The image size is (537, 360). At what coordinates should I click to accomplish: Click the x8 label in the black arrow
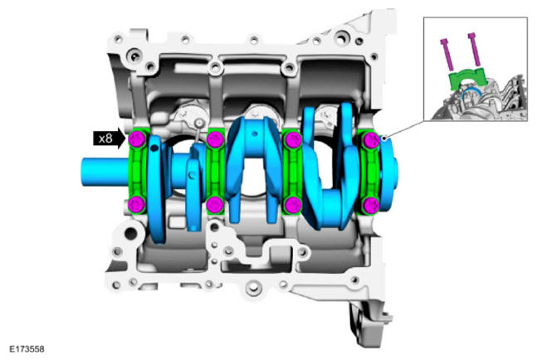pyautogui.click(x=105, y=139)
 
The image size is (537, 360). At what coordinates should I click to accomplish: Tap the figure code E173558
pyautogui.click(x=27, y=349)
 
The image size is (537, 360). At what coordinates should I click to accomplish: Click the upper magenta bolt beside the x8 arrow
pyautogui.click(x=137, y=139)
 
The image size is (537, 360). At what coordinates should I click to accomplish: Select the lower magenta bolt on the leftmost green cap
pyautogui.click(x=137, y=204)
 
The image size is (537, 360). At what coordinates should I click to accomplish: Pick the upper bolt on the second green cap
pyautogui.click(x=216, y=139)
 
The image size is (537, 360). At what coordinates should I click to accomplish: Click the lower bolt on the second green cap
pyautogui.click(x=215, y=204)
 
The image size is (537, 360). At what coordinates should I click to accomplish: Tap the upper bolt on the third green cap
pyautogui.click(x=293, y=139)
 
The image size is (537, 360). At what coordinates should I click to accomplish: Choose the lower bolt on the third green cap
pyautogui.click(x=293, y=204)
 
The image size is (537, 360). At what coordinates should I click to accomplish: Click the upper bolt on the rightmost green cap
pyautogui.click(x=371, y=140)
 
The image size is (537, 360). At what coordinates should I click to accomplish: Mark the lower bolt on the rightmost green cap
pyautogui.click(x=371, y=206)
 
